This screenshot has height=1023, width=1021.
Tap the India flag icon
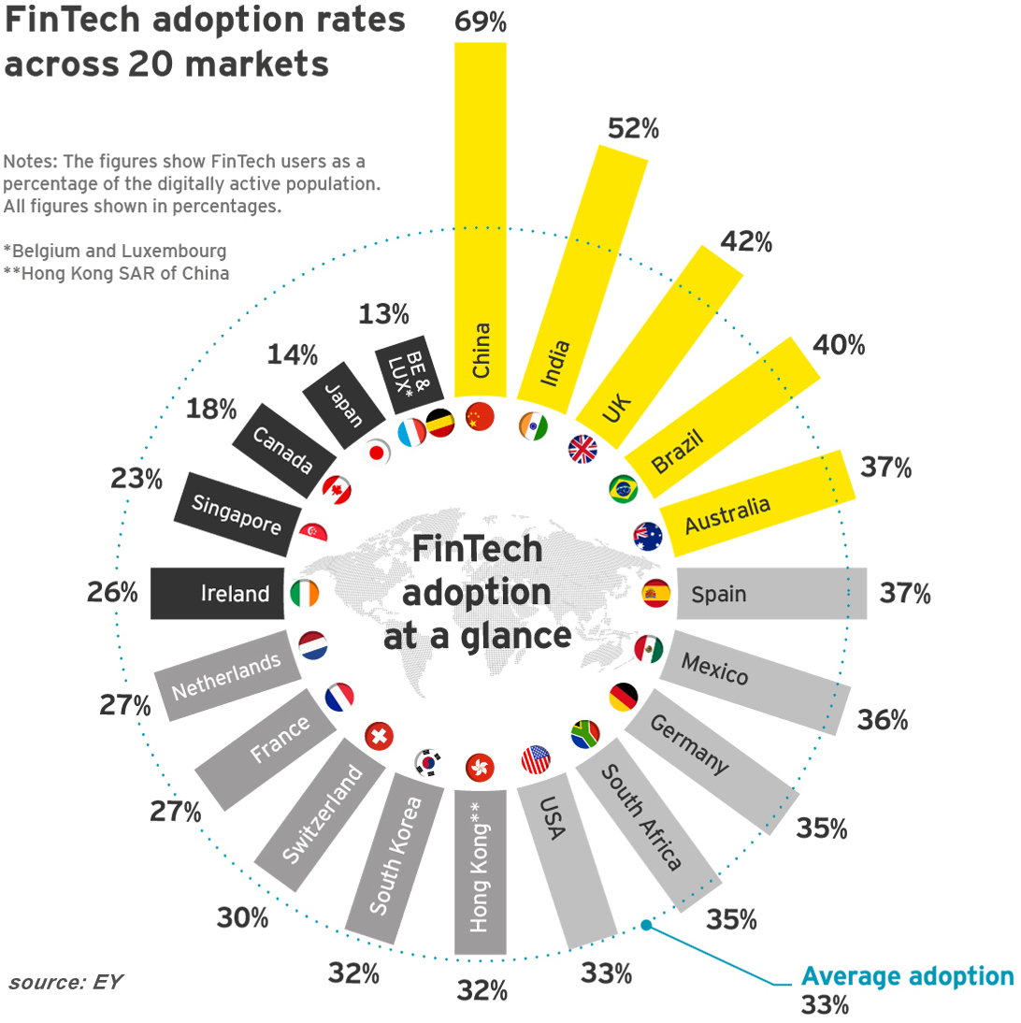(x=533, y=425)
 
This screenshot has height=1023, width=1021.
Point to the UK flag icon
(x=582, y=450)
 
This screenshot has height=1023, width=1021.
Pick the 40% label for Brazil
(x=839, y=345)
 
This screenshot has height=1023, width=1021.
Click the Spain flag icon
(x=655, y=593)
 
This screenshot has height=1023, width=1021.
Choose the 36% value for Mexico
(x=882, y=720)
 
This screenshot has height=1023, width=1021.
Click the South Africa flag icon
(x=584, y=733)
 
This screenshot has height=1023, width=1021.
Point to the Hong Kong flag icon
(x=480, y=767)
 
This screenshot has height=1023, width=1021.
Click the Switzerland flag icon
(x=379, y=736)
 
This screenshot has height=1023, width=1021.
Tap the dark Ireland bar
(x=218, y=593)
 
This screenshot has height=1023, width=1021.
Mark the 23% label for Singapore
(x=137, y=480)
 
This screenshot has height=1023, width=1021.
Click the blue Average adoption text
(x=907, y=977)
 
